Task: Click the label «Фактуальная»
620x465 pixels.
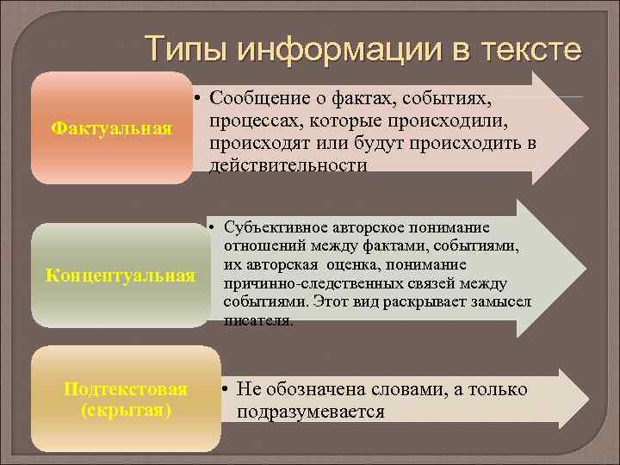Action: click(x=112, y=128)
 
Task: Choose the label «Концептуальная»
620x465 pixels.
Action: click(x=121, y=276)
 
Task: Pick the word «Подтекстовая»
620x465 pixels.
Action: click(x=126, y=389)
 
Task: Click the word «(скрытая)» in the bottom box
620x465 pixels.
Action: click(x=126, y=410)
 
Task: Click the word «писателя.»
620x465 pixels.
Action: click(x=258, y=320)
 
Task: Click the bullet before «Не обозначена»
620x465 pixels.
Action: click(x=223, y=389)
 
